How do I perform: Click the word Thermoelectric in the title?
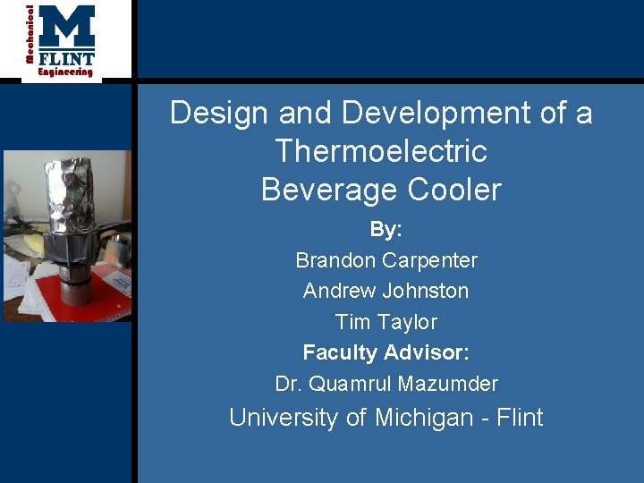(x=381, y=151)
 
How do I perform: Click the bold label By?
(x=386, y=230)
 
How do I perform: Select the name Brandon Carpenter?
(x=386, y=260)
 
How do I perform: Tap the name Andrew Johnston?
(x=386, y=291)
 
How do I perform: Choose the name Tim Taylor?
(x=386, y=322)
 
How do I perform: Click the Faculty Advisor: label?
(x=386, y=352)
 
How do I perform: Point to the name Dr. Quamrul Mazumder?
(x=386, y=384)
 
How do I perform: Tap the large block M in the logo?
(x=67, y=27)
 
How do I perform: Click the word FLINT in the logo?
(x=67, y=58)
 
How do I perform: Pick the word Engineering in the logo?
(x=65, y=72)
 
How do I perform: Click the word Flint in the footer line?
(x=521, y=418)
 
